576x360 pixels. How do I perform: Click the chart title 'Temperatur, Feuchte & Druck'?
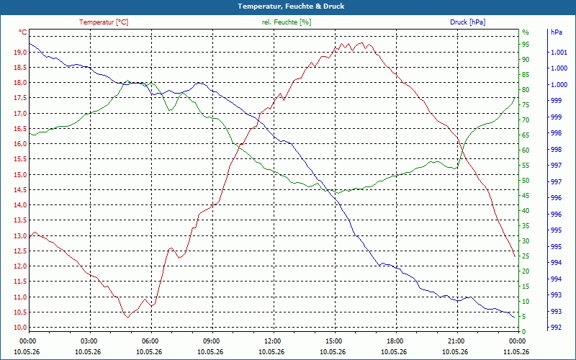pos(291,6)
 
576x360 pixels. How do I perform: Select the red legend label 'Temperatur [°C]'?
pos(104,22)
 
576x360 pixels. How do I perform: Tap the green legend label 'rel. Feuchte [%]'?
pos(287,22)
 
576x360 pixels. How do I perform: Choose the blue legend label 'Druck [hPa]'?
pos(467,22)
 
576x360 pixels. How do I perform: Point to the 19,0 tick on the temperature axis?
pos(20,52)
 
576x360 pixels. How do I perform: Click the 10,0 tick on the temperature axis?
pos(20,328)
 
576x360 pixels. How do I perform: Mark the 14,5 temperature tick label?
pos(20,190)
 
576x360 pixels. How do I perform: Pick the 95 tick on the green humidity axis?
pos(526,45)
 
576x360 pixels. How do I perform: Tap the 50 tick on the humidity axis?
pos(526,181)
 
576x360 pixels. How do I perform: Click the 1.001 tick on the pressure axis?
pos(559,52)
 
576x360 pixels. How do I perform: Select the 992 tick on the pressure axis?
pos(556,328)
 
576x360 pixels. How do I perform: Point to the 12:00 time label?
pos(273,341)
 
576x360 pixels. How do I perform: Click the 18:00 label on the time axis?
pos(395,341)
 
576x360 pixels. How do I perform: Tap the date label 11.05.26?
pos(516,351)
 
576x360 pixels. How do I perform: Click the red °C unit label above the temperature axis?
pos(23,32)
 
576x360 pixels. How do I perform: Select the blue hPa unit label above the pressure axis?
pos(556,32)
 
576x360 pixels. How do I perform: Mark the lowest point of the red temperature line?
pos(128,318)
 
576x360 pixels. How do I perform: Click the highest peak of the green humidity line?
pos(127,81)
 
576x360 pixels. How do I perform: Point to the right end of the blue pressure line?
pos(514,317)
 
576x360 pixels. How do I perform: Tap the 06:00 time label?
pos(150,341)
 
